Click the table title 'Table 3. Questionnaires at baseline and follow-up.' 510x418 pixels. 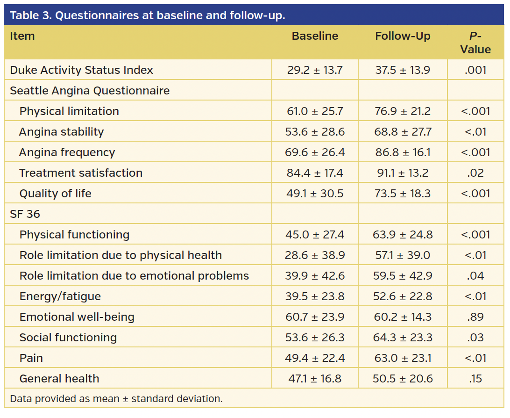click(x=147, y=15)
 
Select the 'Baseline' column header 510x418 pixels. click(x=315, y=36)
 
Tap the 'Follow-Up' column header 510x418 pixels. click(x=403, y=36)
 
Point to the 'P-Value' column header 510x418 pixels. click(x=475, y=43)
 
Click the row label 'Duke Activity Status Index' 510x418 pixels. click(x=82, y=70)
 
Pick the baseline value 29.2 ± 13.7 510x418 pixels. click(x=315, y=70)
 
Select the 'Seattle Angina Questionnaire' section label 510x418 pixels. click(x=90, y=91)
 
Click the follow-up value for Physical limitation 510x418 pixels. click(x=403, y=111)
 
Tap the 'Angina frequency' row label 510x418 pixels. click(x=67, y=152)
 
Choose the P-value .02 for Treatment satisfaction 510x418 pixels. click(x=475, y=173)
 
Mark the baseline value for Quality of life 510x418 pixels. click(x=315, y=194)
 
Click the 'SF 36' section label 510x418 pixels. click(x=25, y=214)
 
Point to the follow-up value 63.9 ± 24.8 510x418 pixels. click(x=403, y=235)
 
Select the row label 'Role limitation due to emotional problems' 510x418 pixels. click(x=134, y=276)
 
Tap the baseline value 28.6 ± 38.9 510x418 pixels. click(x=315, y=255)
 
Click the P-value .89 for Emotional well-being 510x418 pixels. click(x=475, y=317)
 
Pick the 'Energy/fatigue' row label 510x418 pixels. click(x=60, y=296)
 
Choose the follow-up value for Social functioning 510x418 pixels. click(x=403, y=338)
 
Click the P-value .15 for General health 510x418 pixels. click(x=475, y=379)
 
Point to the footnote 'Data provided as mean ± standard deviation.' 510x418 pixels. click(x=116, y=399)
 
